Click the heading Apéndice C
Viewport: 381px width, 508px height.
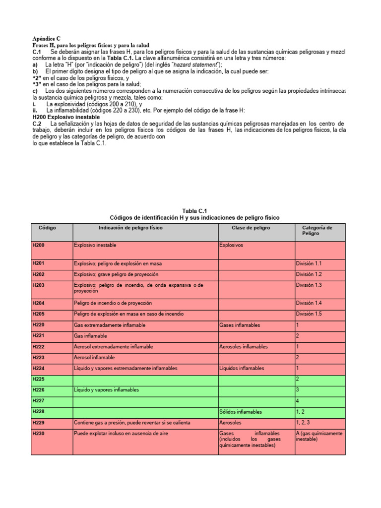46,38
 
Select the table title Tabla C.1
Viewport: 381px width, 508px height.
194,211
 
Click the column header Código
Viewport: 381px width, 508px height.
47,228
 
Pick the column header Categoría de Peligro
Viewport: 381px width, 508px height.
317,231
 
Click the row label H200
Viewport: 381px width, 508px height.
39,245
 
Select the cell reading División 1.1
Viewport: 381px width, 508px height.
309,264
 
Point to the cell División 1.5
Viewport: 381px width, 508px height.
309,314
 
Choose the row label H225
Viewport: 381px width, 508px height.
39,379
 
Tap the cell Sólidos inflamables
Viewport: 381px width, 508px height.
241,412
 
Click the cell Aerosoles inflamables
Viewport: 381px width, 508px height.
243,347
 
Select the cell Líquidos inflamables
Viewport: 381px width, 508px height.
242,369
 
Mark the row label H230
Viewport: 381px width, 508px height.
39,433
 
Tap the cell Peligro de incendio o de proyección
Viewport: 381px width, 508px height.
113,303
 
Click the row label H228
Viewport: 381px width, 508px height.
39,412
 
